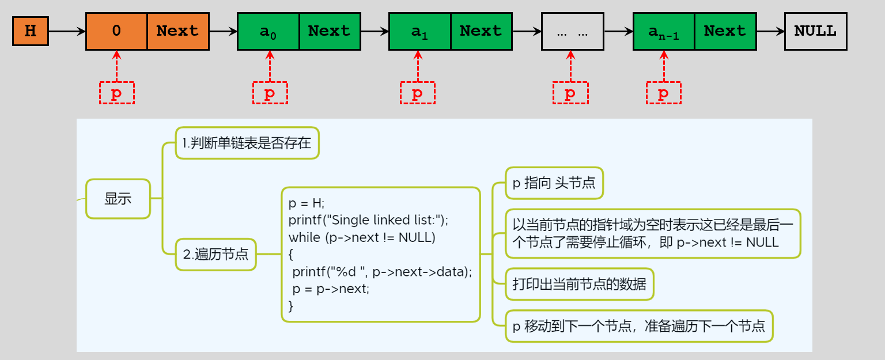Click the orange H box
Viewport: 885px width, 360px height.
31,31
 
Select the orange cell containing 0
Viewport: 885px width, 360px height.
116,31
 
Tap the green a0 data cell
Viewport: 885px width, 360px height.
268,31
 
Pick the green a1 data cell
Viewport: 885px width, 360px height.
419,31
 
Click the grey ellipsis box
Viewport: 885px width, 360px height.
572,31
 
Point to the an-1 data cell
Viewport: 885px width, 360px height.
664,31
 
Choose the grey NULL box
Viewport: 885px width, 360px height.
815,31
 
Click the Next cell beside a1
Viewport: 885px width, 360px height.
481,31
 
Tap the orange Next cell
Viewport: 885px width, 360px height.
177,31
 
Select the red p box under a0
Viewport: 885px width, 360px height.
270,93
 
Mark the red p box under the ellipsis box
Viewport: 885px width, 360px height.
570,93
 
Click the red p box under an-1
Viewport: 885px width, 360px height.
664,93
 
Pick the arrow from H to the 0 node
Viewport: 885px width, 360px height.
67,31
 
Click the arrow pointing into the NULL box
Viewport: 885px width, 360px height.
770,31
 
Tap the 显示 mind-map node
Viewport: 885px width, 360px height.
118,199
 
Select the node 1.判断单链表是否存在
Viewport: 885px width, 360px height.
247,143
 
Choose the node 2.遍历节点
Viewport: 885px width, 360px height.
216,253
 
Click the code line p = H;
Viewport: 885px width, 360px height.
307,203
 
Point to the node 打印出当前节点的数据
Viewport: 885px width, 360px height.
579,284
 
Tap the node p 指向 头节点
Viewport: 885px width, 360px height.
554,183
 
